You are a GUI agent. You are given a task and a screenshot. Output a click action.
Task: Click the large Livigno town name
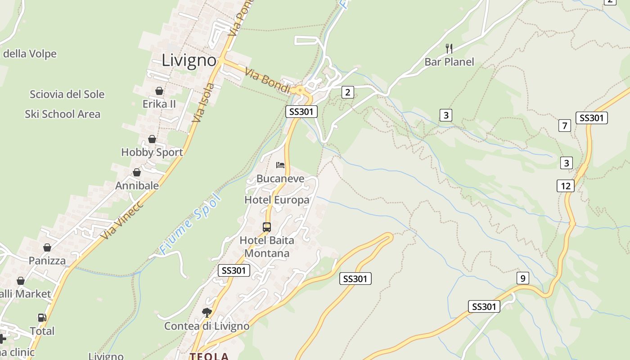189,60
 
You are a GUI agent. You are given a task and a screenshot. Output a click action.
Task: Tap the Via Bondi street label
268,81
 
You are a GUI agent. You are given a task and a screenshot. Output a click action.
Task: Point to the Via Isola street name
203,103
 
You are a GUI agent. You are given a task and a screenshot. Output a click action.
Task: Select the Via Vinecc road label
122,220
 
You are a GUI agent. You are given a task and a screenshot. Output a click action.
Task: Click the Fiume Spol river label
191,224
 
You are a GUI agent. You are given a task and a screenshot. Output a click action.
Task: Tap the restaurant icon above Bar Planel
449,48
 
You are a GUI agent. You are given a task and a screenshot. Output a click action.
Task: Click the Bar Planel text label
449,62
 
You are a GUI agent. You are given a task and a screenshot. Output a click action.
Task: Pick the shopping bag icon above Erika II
159,91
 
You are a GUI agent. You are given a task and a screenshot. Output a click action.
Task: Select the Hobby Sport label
152,152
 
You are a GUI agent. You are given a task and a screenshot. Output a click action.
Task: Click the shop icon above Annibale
137,172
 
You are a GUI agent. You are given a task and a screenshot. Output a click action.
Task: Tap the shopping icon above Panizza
47,247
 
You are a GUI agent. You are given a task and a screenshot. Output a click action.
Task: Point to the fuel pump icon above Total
42,318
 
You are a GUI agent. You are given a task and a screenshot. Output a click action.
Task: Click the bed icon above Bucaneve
280,165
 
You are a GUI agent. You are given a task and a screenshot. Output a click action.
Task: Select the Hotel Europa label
277,200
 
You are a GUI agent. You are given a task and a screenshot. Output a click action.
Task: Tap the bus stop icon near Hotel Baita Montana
267,227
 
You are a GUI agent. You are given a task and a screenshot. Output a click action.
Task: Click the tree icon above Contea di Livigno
207,312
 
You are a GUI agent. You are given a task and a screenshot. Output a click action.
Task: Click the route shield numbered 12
566,185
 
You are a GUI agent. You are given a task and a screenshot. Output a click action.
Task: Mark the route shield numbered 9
522,278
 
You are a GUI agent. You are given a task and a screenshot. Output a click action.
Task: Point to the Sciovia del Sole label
67,94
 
